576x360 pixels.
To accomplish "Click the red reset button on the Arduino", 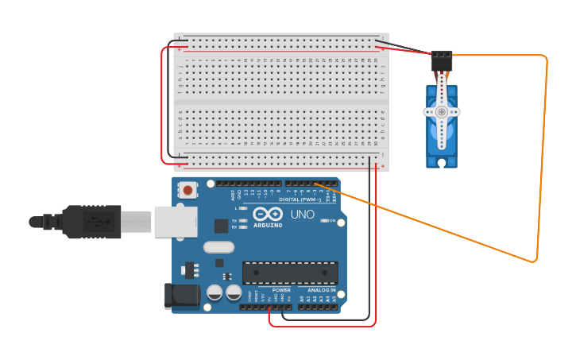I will click(188, 190).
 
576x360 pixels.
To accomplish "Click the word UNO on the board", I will click(302, 214).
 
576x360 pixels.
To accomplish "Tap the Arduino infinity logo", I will click(268, 214).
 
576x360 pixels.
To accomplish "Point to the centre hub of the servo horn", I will click(442, 112).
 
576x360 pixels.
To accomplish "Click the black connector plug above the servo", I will click(441, 61).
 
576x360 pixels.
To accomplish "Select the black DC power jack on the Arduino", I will click(179, 296).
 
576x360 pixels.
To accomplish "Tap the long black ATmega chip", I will click(290, 273).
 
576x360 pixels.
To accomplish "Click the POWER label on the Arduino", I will click(281, 290).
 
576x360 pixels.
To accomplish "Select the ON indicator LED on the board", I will click(323, 220).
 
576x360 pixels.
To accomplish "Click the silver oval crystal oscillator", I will click(218, 247).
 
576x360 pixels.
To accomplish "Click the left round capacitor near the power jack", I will click(215, 292).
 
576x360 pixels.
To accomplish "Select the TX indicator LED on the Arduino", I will click(243, 220).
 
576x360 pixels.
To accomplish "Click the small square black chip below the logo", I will click(221, 226).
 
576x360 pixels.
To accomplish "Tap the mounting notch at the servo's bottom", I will click(442, 163).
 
